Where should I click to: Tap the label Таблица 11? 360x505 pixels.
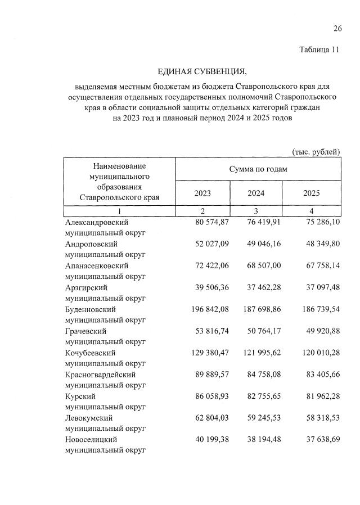click(x=319, y=49)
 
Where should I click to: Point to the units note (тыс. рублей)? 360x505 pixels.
click(x=316, y=151)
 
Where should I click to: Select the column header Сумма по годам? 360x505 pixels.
click(x=258, y=169)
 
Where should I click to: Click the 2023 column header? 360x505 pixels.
click(x=202, y=193)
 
